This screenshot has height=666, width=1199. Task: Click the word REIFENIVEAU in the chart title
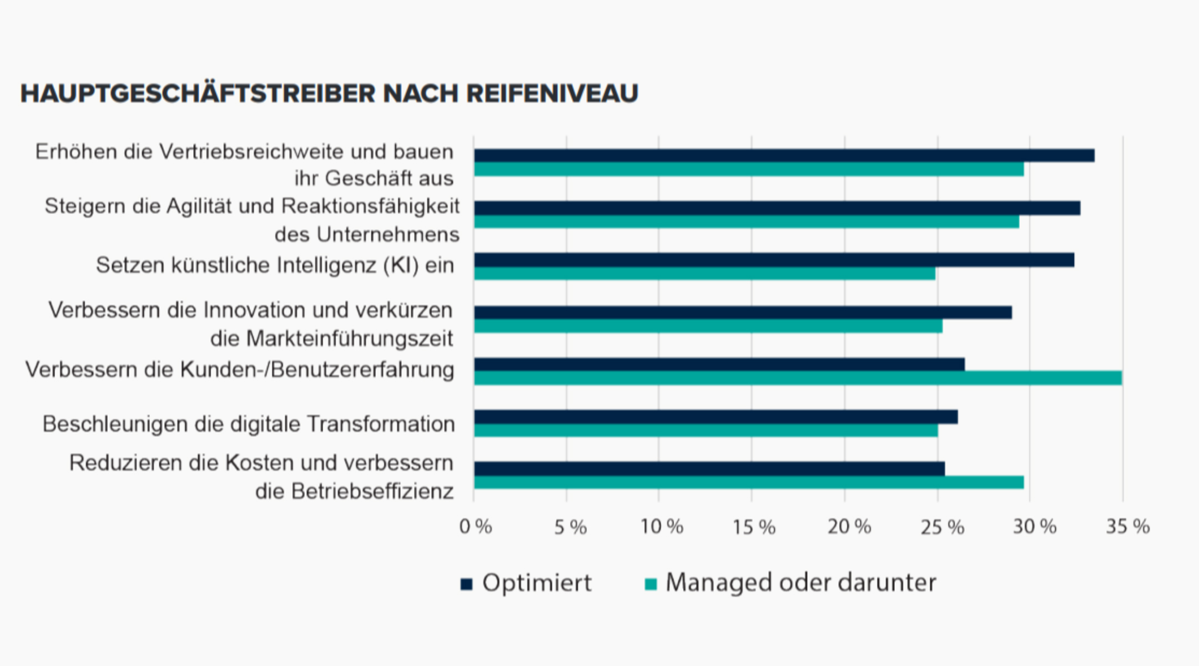(x=552, y=93)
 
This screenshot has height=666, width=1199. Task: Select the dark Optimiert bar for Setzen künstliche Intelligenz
(x=774, y=260)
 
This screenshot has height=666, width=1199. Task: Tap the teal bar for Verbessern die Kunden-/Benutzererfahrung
(x=798, y=379)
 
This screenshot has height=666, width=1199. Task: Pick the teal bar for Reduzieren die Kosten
(x=749, y=482)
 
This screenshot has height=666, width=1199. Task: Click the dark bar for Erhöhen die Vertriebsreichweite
(x=784, y=155)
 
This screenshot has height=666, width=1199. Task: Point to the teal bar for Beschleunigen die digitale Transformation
(x=706, y=430)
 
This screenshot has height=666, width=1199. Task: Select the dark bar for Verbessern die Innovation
(x=743, y=312)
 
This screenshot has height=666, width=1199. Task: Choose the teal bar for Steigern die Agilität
(x=747, y=221)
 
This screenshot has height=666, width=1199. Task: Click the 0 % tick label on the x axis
(x=476, y=527)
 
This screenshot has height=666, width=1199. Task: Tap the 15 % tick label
(x=753, y=527)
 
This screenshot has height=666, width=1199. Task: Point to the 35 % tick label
(x=1127, y=527)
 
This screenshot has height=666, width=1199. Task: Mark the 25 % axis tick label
(x=942, y=527)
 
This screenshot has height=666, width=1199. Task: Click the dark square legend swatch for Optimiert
(x=466, y=584)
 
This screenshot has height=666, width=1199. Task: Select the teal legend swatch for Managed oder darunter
(x=651, y=584)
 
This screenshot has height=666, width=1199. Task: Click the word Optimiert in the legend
(x=537, y=583)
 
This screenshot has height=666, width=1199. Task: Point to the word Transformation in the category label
(x=380, y=424)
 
